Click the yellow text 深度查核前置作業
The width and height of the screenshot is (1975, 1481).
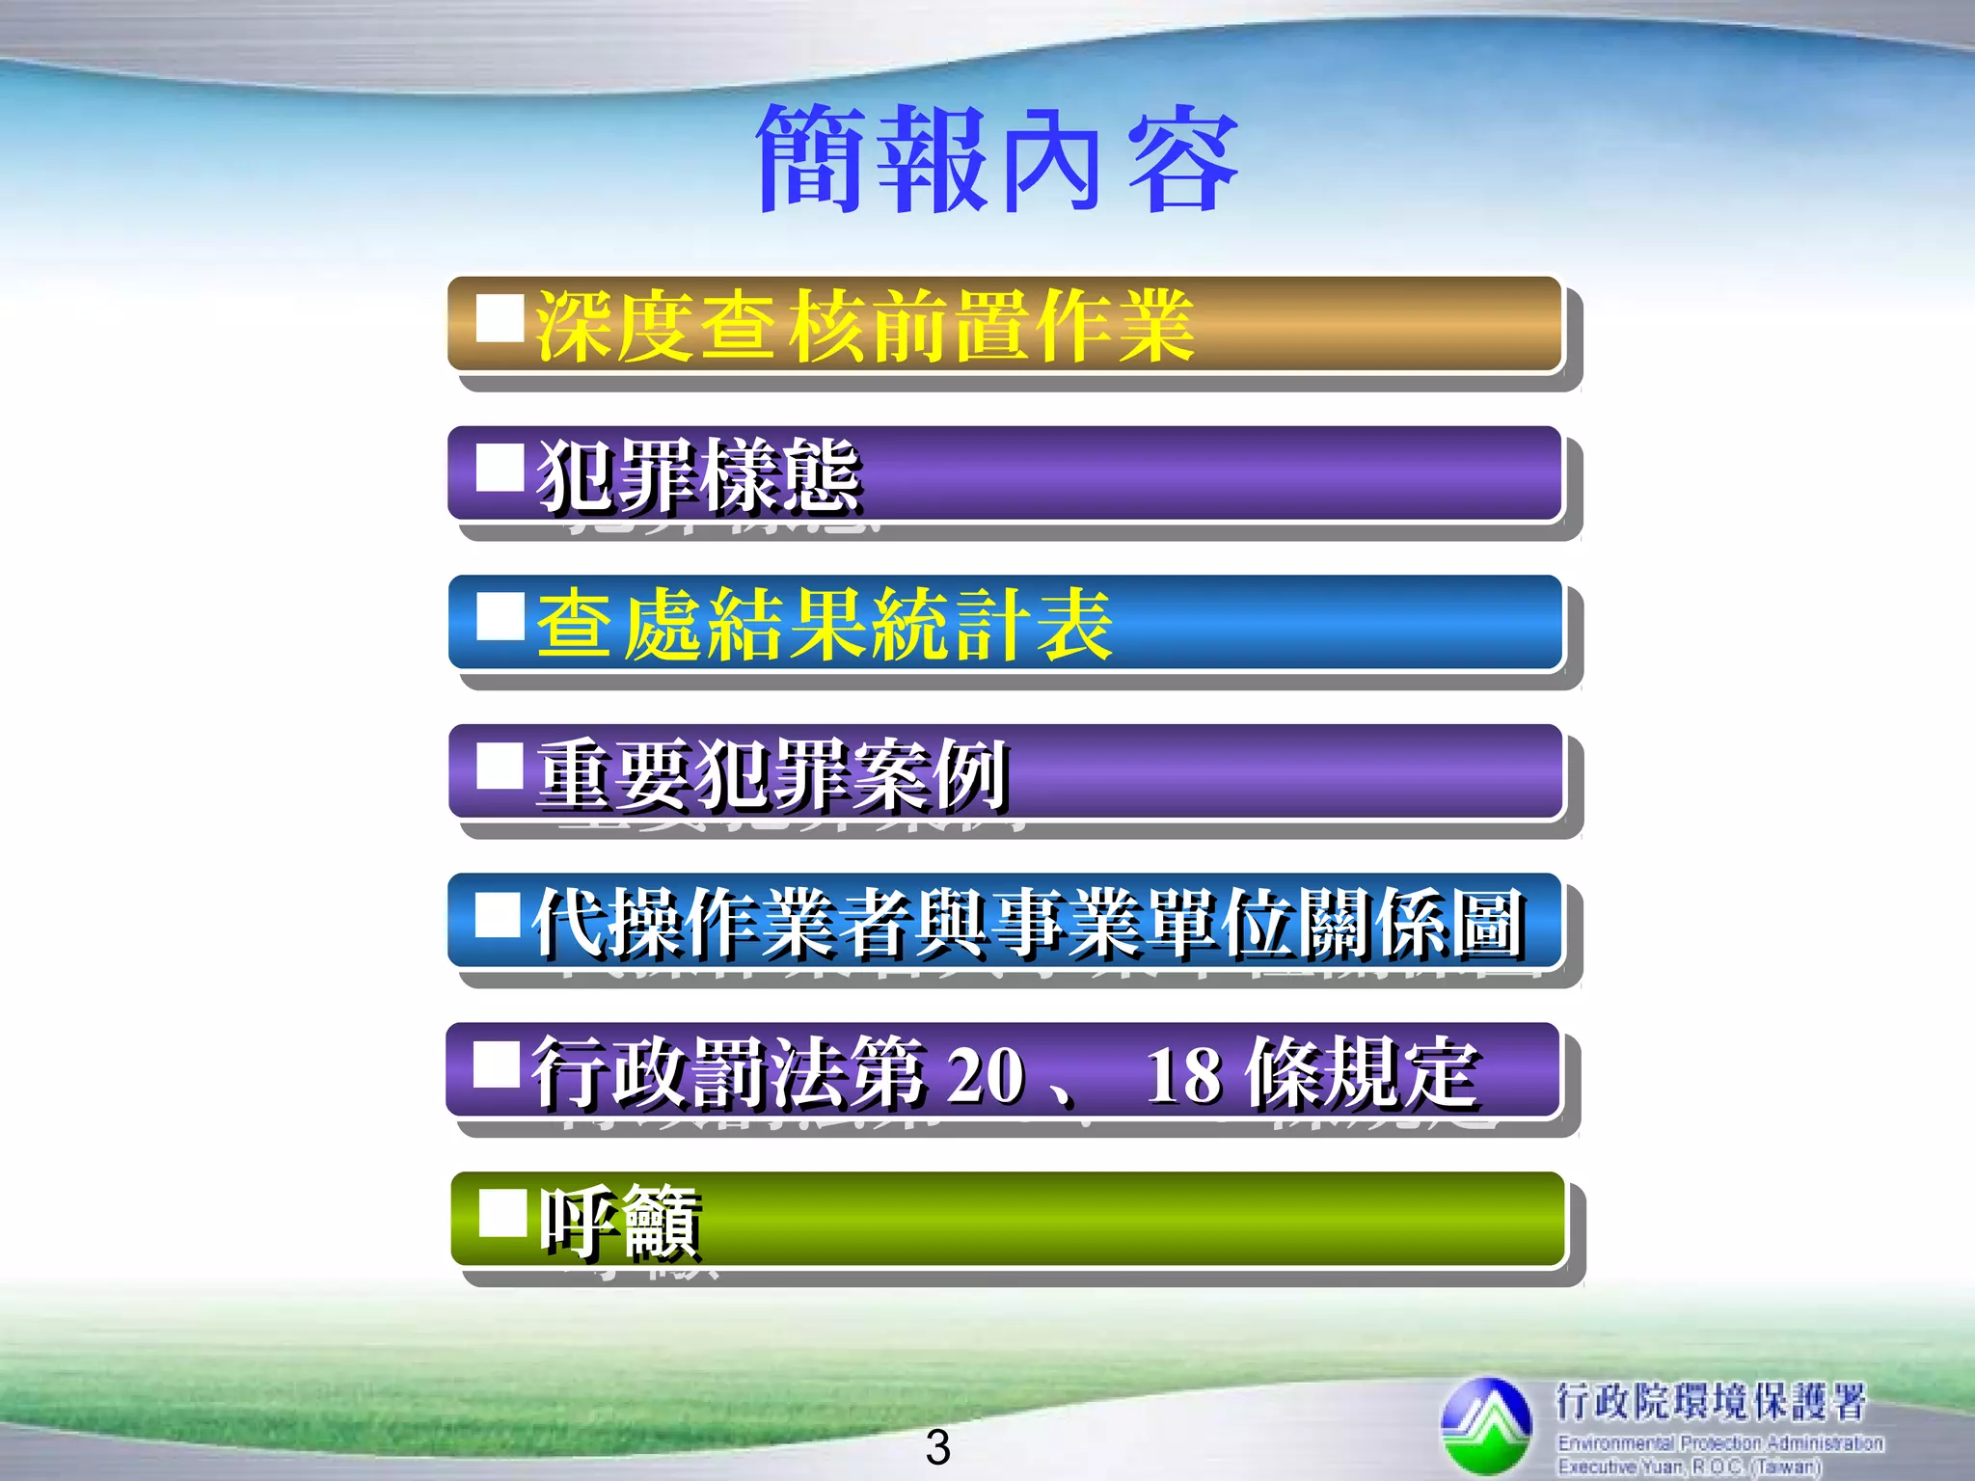click(x=865, y=327)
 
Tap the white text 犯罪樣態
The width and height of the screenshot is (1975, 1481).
click(x=698, y=474)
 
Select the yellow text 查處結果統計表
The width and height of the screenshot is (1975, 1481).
click(x=825, y=625)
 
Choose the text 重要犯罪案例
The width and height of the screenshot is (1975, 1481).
click(x=772, y=774)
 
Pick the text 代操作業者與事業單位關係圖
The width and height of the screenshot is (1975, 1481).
click(x=1028, y=923)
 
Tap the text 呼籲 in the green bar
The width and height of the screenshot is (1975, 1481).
click(x=620, y=1223)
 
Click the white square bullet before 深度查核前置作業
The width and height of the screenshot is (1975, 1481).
click(x=501, y=318)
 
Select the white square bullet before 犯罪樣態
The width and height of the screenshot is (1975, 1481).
click(x=501, y=468)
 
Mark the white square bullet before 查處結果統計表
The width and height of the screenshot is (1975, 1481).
click(x=501, y=617)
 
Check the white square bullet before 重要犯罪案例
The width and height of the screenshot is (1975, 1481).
click(x=501, y=767)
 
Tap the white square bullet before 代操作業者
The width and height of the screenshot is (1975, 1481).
click(x=499, y=914)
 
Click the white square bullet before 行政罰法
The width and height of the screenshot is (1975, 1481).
click(x=498, y=1064)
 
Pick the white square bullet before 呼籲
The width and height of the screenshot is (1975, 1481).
click(x=502, y=1213)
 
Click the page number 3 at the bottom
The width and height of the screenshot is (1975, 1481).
click(x=937, y=1447)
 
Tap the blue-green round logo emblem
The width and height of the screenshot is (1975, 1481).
click(x=1486, y=1425)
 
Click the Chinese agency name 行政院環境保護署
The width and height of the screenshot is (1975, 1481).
click(x=1710, y=1401)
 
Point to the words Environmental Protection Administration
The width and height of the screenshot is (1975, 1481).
click(x=1720, y=1443)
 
